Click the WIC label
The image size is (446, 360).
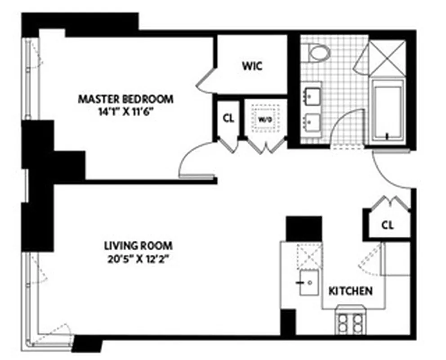click(252, 66)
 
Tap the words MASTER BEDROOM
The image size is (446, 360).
click(125, 99)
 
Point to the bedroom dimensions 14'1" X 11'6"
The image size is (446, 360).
click(125, 112)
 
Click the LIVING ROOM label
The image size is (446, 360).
click(138, 246)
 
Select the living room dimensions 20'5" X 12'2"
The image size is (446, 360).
click(138, 260)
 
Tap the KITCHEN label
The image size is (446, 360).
click(351, 291)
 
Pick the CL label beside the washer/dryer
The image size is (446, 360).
click(229, 118)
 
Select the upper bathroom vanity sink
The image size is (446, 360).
click(311, 95)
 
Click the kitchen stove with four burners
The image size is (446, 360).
click(352, 321)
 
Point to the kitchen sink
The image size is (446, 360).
click(308, 283)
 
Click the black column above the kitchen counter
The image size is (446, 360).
click(304, 228)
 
